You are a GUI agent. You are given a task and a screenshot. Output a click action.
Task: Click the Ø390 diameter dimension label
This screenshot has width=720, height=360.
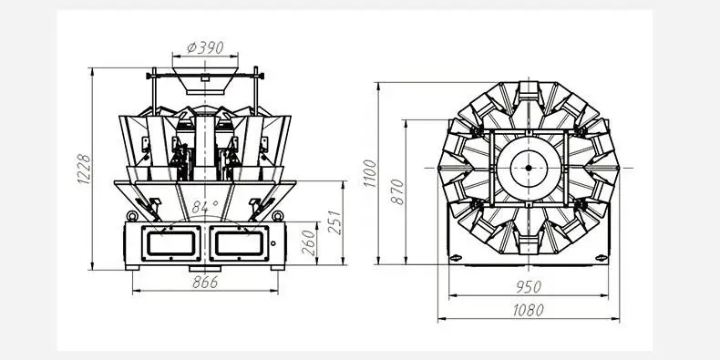point(205,47)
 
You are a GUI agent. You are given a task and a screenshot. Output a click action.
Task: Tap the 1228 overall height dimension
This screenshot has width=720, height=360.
point(85,170)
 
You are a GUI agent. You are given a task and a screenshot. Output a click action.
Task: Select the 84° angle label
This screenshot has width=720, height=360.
point(205,208)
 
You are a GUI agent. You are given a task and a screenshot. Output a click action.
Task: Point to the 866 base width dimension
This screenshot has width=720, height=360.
point(205,283)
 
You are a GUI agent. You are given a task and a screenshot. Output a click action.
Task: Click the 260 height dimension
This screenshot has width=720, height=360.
point(309,243)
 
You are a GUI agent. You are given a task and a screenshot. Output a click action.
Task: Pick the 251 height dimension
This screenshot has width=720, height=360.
point(335,222)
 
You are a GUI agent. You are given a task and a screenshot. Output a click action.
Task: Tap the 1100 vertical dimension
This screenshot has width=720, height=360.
point(370,173)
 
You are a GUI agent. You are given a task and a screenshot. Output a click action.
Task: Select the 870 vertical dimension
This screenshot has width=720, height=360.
point(397,192)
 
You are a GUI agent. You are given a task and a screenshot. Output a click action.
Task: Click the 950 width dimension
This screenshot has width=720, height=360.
point(529,287)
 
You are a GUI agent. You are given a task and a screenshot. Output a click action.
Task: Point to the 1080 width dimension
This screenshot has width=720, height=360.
point(528,311)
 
